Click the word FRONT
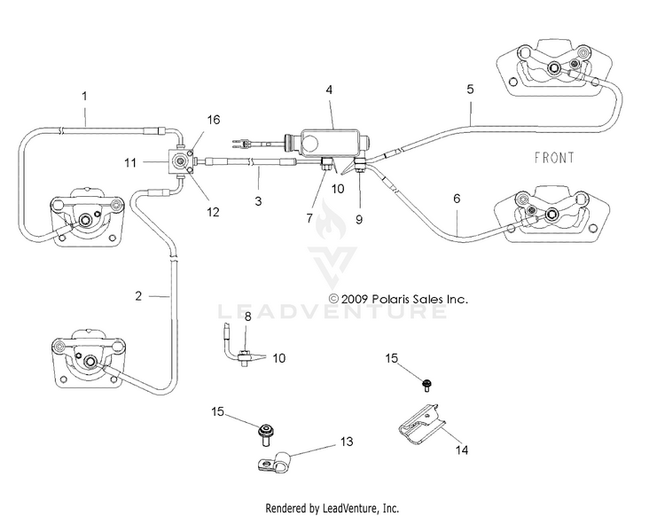(554, 158)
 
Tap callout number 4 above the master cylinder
(329, 90)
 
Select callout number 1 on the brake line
(84, 97)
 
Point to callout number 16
(214, 120)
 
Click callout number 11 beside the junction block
(130, 162)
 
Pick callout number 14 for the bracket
(462, 450)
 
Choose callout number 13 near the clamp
(347, 442)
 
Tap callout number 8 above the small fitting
(248, 317)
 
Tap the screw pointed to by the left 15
(266, 434)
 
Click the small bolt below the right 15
(426, 386)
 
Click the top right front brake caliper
(555, 68)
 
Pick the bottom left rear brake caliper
(89, 358)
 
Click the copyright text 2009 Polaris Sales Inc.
(399, 299)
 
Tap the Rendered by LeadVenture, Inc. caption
(332, 507)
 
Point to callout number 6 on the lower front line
(457, 199)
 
